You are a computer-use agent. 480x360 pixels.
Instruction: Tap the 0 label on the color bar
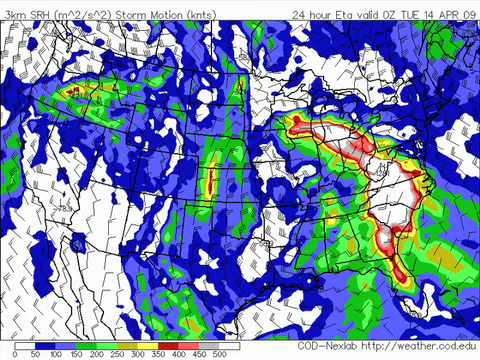[x=16, y=354]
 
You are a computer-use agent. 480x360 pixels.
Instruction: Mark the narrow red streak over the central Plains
[x=211, y=181]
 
